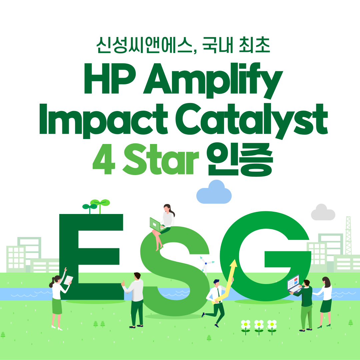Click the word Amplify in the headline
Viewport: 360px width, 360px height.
pyautogui.click(x=213, y=80)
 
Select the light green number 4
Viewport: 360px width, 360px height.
pyautogui.click(x=104, y=159)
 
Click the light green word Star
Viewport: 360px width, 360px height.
pyautogui.click(x=161, y=159)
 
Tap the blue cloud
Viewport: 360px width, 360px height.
pyautogui.click(x=214, y=192)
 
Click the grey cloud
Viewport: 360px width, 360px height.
pyautogui.click(x=323, y=212)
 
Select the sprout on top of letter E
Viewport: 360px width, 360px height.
pyautogui.click(x=96, y=206)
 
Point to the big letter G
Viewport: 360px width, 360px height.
pyautogui.click(x=265, y=256)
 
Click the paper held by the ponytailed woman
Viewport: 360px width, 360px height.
pyautogui.click(x=68, y=280)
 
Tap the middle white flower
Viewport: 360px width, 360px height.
pyautogui.click(x=259, y=326)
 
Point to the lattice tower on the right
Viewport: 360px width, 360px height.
pyautogui.click(x=348, y=235)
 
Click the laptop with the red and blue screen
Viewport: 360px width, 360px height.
pyautogui.click(x=295, y=284)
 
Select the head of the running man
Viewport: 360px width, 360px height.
pyautogui.click(x=216, y=283)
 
